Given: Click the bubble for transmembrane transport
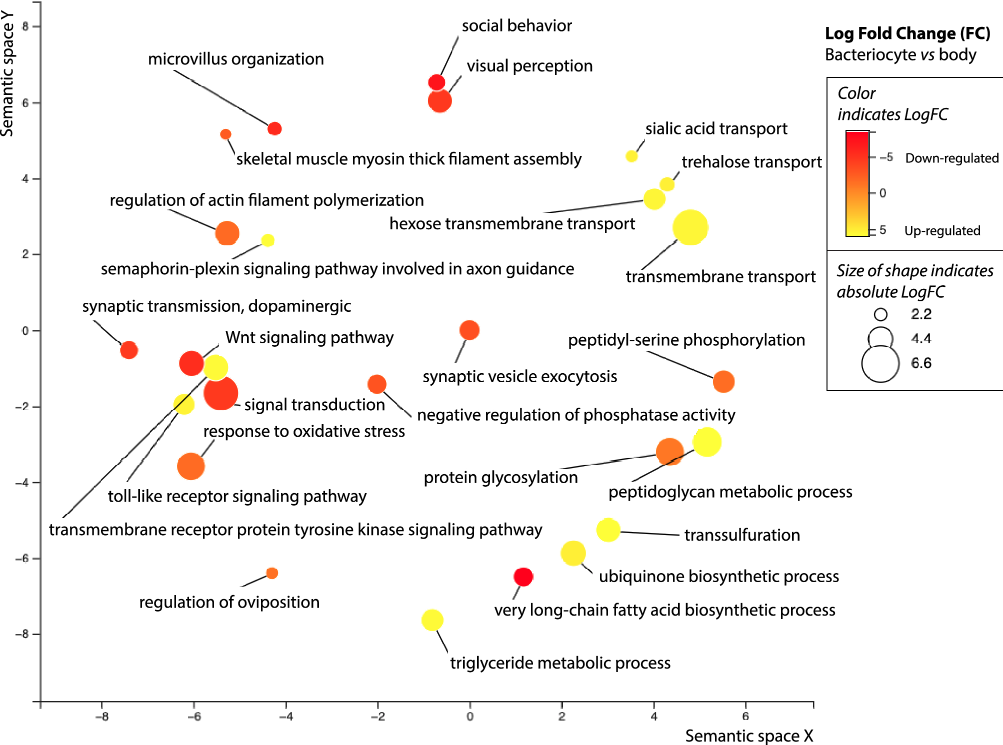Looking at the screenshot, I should coord(690,227).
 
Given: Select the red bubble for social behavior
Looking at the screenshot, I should coord(436,82).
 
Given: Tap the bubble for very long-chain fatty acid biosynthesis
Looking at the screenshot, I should coord(523,577).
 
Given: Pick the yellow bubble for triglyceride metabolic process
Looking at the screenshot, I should coord(432,620).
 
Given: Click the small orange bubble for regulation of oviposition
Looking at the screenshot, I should coord(272,573).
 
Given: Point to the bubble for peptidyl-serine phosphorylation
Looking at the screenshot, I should coord(723,382).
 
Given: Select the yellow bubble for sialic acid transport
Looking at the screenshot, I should coord(631,156).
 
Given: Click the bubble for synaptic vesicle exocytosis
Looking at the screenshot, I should coord(469,330).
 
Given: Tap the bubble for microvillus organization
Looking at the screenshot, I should coord(274,128).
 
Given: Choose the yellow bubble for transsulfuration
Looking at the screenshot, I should coord(608,530).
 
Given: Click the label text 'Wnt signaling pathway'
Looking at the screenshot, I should coord(309,337).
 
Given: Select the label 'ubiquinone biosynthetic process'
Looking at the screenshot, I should coord(718,576).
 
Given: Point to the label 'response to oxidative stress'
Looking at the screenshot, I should coord(304,431).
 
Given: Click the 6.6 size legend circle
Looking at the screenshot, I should coord(880,363).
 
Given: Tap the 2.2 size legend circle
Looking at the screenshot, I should coord(880,314).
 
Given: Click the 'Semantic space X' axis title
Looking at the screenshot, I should coord(748,736).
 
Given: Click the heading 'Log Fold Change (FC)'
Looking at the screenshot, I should coord(907,33).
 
